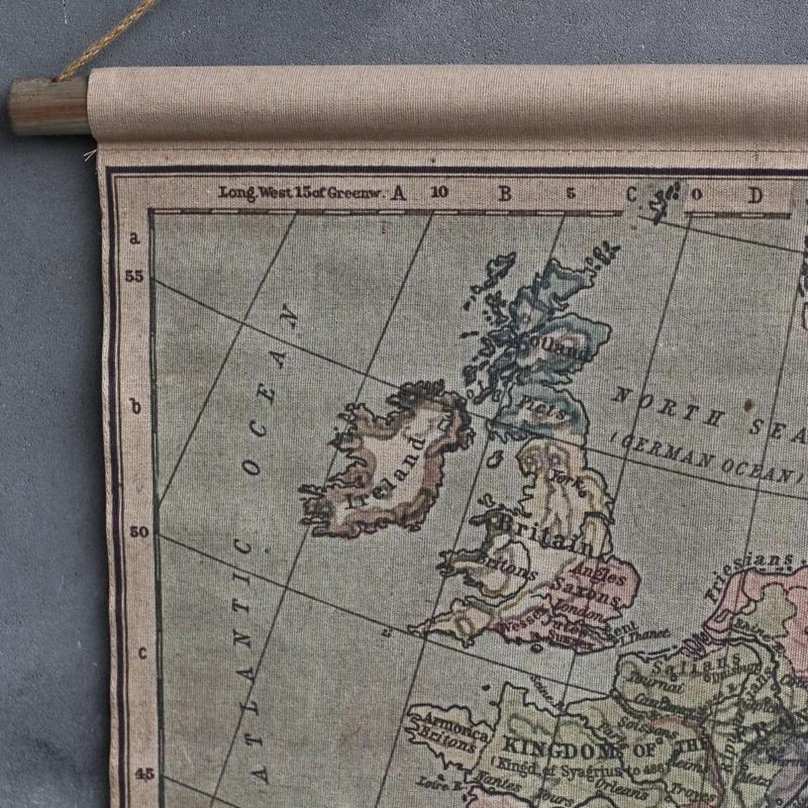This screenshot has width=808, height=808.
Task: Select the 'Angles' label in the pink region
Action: [x=591, y=573]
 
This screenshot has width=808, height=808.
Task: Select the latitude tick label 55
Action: [x=134, y=277]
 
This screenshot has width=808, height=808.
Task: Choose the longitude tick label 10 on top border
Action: [x=440, y=193]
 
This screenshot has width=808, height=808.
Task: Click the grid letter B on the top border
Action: [x=504, y=194]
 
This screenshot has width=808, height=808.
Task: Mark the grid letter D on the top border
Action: [x=755, y=195]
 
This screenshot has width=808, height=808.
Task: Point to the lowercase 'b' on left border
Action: [x=136, y=407]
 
